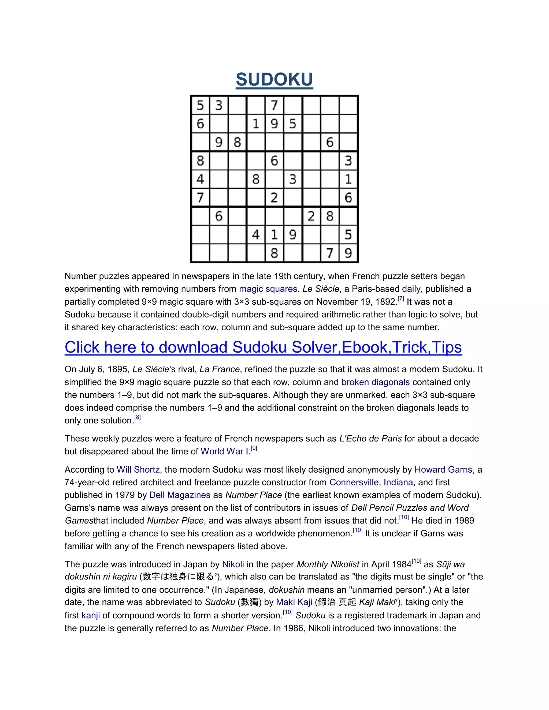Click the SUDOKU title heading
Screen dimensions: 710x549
(x=274, y=79)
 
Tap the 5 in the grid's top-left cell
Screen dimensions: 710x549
(x=200, y=105)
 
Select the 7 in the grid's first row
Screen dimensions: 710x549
(x=274, y=105)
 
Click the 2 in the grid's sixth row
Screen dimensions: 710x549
(x=274, y=198)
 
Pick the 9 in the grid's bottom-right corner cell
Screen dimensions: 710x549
(x=348, y=253)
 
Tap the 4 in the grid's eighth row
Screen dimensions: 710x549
(x=256, y=235)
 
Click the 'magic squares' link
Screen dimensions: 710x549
(x=268, y=289)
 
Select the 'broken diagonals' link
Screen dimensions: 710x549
(x=375, y=382)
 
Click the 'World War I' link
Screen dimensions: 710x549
(x=224, y=451)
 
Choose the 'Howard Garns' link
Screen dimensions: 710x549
(x=443, y=470)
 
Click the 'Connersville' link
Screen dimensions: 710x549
(x=354, y=483)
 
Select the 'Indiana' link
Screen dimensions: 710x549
(x=398, y=483)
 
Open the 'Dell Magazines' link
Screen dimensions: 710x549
(x=180, y=495)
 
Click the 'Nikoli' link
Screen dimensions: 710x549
(x=233, y=564)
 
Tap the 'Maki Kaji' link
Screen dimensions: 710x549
(x=294, y=602)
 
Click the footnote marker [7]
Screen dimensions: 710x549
(x=401, y=298)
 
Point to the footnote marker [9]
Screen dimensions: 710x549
(x=254, y=448)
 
